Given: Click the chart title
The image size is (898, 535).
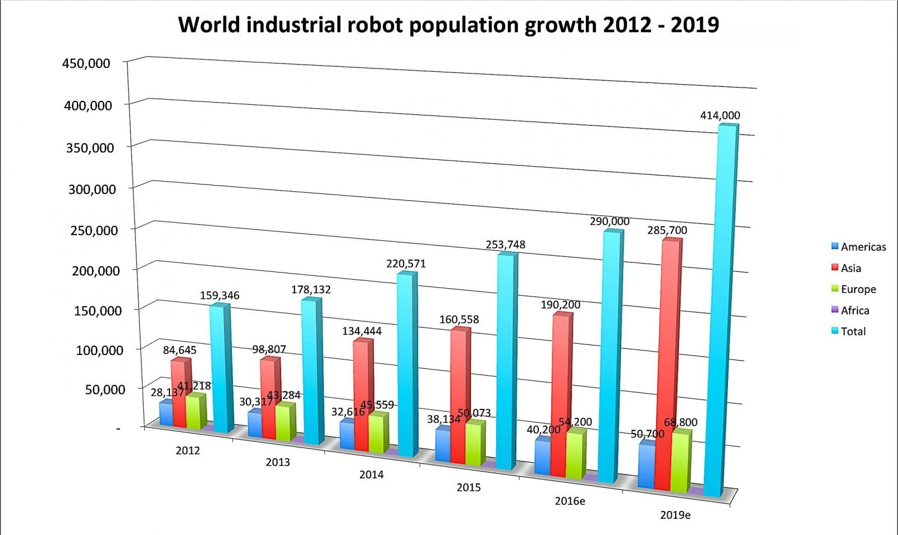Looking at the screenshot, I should point(448,25).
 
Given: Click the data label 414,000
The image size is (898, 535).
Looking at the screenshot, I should point(720,116).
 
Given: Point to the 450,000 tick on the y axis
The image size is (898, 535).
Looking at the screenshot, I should point(86,63).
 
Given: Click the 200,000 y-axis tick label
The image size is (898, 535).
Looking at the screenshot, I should point(95,271).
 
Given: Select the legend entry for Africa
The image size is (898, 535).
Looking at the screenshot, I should point(854,311).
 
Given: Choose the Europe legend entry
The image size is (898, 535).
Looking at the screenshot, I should point(858,289).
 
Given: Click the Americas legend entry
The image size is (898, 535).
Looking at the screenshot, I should point(863,247).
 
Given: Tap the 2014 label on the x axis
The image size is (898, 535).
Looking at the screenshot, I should point(371,475).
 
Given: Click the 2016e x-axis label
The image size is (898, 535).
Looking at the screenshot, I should point(570,501).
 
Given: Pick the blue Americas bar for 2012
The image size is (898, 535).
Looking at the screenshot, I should point(166,414).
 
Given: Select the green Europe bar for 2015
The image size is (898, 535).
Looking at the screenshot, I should point(474,444).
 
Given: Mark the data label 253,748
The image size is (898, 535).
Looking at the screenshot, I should point(505,245).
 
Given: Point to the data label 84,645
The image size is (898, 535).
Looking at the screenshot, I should point(180,350).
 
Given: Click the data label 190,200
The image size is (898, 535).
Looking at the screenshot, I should point(560,305).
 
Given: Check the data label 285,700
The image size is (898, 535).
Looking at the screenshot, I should point(667,230).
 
